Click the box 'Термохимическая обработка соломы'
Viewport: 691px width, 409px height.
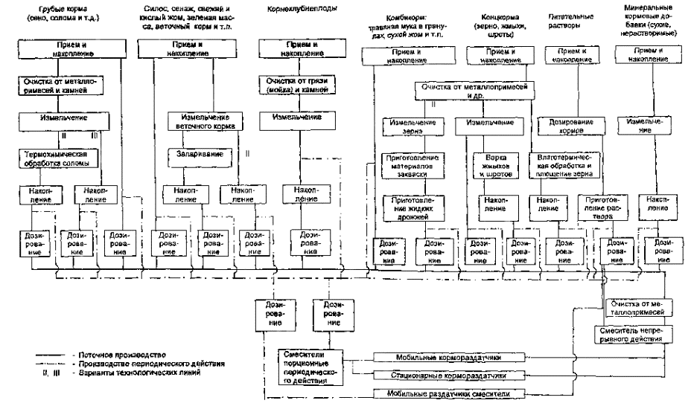tap(57, 158)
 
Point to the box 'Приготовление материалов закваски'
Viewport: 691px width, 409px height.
tap(411, 165)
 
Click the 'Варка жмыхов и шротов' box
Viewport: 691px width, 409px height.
tap(495, 164)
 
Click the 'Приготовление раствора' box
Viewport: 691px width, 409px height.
tap(602, 204)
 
